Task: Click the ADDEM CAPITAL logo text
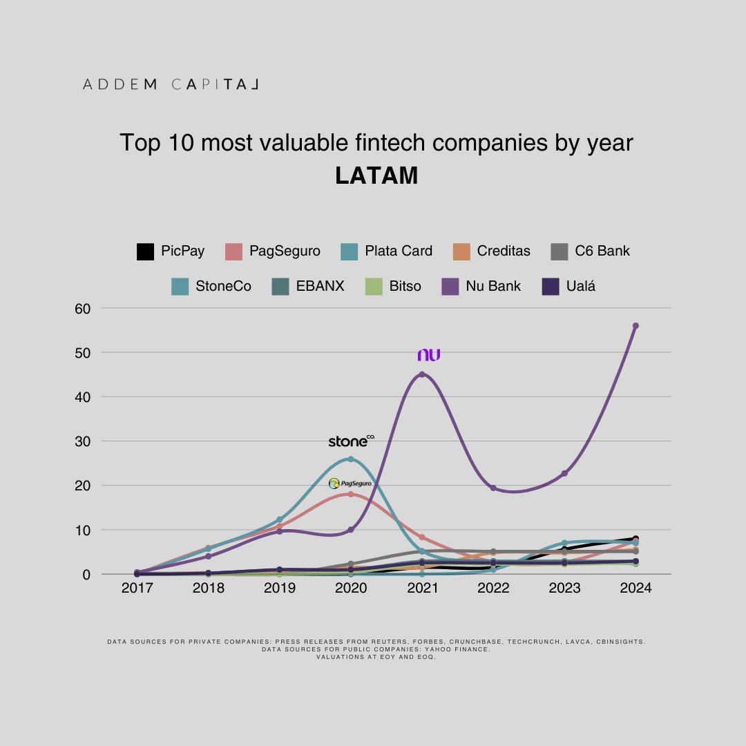[170, 84]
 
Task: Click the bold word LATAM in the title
[376, 175]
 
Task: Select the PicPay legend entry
[171, 251]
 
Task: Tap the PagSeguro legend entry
[274, 251]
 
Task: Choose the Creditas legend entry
[491, 251]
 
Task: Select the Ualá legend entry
[569, 286]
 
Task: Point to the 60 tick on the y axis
[82, 308]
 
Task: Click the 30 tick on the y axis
[82, 441]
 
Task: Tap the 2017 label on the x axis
[137, 589]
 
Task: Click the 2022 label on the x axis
[493, 589]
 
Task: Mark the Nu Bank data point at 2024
[635, 325]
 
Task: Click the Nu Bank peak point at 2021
[422, 374]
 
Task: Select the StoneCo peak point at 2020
[351, 459]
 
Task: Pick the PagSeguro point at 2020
[351, 494]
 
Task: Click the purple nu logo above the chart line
[428, 355]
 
